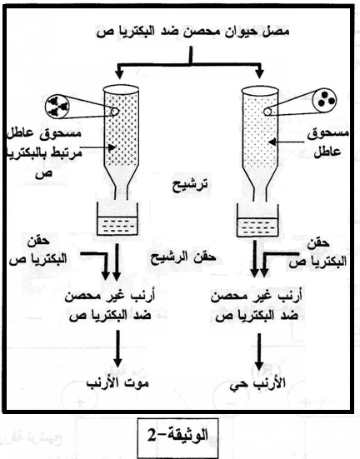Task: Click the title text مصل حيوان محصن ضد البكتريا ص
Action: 192,31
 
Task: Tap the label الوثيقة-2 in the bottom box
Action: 177,436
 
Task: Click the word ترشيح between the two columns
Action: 190,185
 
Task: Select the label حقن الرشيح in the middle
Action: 183,257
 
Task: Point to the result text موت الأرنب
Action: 117,382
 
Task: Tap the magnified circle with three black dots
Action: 324,100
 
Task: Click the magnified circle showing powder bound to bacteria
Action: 57,106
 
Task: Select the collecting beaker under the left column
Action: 117,218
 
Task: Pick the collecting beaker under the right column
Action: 257,218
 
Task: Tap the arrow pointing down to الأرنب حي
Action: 258,352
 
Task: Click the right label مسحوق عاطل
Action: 328,142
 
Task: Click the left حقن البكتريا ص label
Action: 38,252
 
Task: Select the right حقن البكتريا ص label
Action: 318,252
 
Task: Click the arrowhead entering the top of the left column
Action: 119,74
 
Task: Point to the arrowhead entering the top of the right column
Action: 260,74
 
